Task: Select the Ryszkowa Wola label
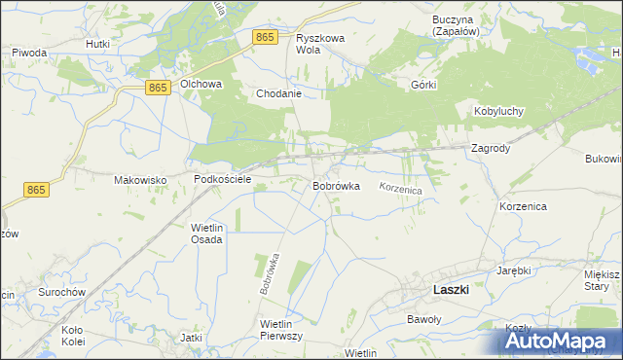tap(321, 44)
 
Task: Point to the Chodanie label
tap(277, 94)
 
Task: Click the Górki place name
tap(423, 85)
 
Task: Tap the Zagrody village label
tap(491, 149)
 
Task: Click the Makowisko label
tap(141, 180)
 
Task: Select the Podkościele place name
tap(223, 180)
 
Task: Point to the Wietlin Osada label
tap(207, 234)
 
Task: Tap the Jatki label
tap(191, 338)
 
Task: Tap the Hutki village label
tap(97, 44)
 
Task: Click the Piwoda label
tap(30, 53)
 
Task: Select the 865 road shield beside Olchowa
tap(160, 88)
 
